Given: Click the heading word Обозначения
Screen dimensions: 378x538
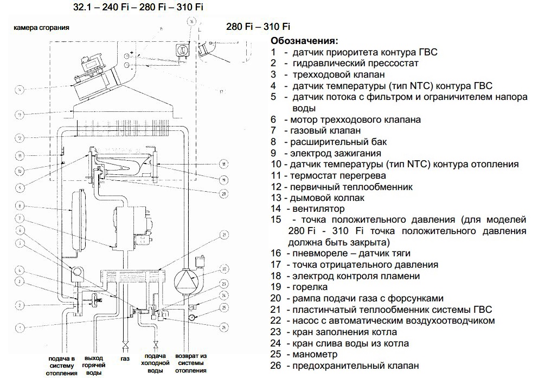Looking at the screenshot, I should coord(304,41).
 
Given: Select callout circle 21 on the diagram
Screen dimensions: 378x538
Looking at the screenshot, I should coord(223,235).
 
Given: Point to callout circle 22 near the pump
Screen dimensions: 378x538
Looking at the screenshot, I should coord(223,268).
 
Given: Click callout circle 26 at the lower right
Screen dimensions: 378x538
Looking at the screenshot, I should coord(223,326).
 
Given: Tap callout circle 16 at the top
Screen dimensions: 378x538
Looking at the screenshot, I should coord(191,21).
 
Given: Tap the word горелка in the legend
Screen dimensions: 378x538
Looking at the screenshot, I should coord(308,287).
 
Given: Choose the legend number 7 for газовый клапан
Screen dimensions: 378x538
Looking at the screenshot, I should coord(275,131).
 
